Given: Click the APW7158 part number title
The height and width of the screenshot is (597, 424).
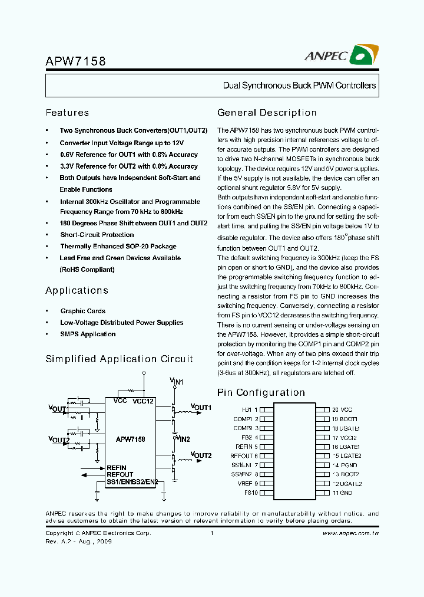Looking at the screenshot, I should pyautogui.click(x=76, y=61).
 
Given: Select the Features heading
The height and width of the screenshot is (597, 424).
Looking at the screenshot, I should pyautogui.click(x=67, y=113).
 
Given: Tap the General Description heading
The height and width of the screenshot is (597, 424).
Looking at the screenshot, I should pyautogui.click(x=267, y=113).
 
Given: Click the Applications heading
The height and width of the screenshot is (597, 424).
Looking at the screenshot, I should pyautogui.click(x=77, y=290).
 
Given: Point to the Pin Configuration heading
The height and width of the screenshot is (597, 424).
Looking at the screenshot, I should pyautogui.click(x=261, y=392).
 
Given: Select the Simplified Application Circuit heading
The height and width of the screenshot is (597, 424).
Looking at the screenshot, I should pyautogui.click(x=119, y=359).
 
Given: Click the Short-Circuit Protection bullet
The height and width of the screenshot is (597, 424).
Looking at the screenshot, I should pyautogui.click(x=97, y=235).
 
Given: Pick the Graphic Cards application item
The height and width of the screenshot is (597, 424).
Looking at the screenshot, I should pyautogui.click(x=82, y=311).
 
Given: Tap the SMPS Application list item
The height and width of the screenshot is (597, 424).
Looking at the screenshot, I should pyautogui.click(x=88, y=334).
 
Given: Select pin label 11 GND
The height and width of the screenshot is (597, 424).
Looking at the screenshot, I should pyautogui.click(x=342, y=493).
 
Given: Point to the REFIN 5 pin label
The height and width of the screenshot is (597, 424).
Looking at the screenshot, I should pyautogui.click(x=247, y=447).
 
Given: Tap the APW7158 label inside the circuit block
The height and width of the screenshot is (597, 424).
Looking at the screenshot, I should pyautogui.click(x=130, y=439).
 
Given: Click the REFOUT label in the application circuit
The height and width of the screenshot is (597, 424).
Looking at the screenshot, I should pyautogui.click(x=120, y=474).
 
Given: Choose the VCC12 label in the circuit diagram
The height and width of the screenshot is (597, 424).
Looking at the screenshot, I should pyautogui.click(x=143, y=401).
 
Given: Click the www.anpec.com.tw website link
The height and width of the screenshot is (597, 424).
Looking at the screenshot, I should pyautogui.click(x=350, y=533).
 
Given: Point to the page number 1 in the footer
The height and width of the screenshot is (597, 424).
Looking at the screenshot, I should pyautogui.click(x=211, y=533).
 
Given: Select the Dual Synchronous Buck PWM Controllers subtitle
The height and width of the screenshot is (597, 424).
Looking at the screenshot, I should pyautogui.click(x=299, y=86).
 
